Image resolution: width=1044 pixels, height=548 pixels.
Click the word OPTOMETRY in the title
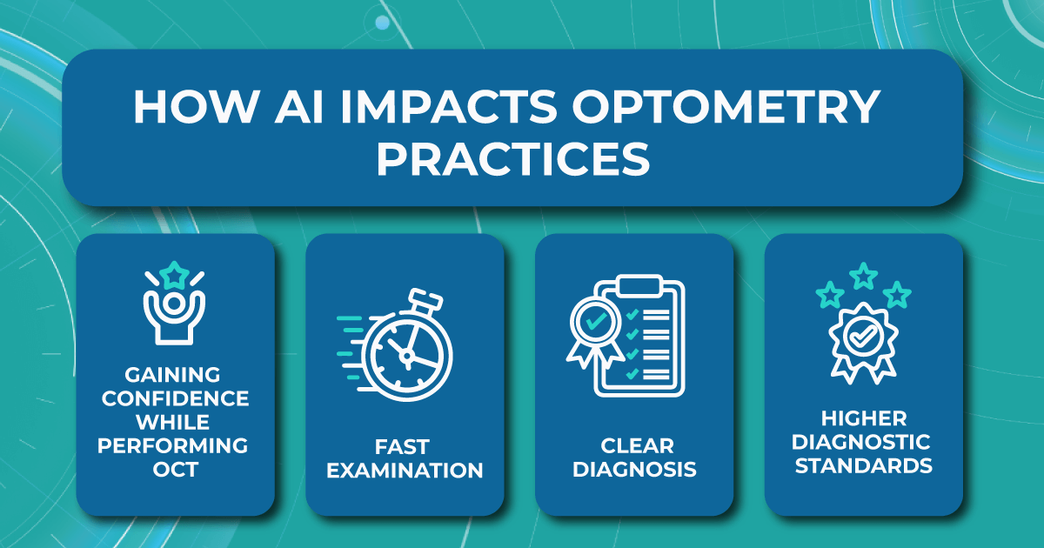click(x=726, y=107)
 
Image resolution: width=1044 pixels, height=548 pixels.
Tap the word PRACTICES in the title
click(x=513, y=159)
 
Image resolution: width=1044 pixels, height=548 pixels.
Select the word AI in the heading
click(x=298, y=107)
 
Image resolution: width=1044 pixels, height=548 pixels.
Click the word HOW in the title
click(x=197, y=107)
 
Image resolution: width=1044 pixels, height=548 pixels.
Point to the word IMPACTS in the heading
click(x=448, y=107)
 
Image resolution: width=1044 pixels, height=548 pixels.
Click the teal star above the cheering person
click(x=174, y=276)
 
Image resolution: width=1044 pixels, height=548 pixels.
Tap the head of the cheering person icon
click(x=174, y=304)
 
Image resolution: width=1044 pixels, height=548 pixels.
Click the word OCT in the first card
click(x=176, y=469)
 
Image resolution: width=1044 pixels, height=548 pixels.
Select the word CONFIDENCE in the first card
click(x=175, y=398)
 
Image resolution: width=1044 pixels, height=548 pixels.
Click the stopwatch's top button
click(x=425, y=299)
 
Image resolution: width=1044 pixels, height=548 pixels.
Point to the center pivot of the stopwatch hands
click(x=407, y=356)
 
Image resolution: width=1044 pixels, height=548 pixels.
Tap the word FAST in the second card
click(x=402, y=447)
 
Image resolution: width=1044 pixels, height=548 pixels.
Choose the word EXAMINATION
click(x=405, y=471)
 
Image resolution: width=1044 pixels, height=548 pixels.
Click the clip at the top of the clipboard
click(x=639, y=285)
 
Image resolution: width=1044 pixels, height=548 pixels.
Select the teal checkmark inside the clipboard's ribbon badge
click(x=596, y=321)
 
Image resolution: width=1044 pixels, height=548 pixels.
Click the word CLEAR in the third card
click(x=637, y=446)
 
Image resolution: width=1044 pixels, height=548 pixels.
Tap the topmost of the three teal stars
click(x=864, y=276)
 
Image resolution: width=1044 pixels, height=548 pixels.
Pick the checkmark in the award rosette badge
click(x=863, y=337)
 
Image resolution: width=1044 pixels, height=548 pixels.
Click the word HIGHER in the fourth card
click(x=864, y=418)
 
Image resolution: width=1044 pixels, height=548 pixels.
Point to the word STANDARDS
click(x=864, y=466)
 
